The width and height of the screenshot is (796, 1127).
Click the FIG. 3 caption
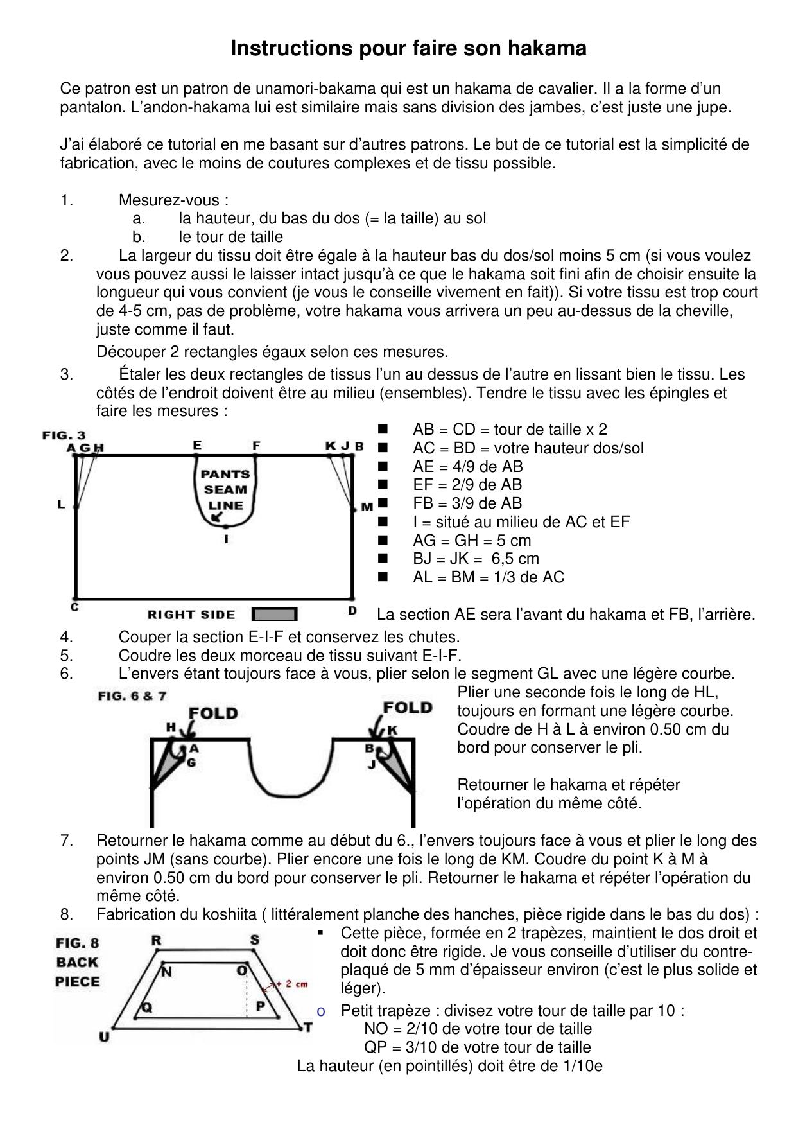coord(64,435)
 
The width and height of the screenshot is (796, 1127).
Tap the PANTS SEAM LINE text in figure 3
coord(225,489)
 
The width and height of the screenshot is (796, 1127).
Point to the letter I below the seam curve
coord(226,539)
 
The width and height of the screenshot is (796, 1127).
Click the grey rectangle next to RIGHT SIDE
coord(274,615)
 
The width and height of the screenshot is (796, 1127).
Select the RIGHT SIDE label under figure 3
coord(191,615)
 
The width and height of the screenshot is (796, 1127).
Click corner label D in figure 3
coord(352,611)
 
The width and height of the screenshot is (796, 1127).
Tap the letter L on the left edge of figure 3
coord(61,505)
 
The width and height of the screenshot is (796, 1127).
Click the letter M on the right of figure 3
coord(367,507)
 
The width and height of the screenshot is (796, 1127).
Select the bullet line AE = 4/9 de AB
coord(467,466)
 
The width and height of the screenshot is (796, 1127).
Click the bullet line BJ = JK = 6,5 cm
coord(476,558)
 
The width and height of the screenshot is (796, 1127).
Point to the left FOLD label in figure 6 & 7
coord(213,713)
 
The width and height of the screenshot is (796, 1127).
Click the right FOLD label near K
coord(407,708)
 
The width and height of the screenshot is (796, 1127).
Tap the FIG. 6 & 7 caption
coord(132,695)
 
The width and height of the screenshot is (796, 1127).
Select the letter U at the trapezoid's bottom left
coord(103,1036)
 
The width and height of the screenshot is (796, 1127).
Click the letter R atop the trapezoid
coord(156,940)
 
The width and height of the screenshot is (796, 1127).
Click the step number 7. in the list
coord(66,841)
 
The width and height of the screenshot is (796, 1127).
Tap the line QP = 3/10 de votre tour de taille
coord(477,1047)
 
